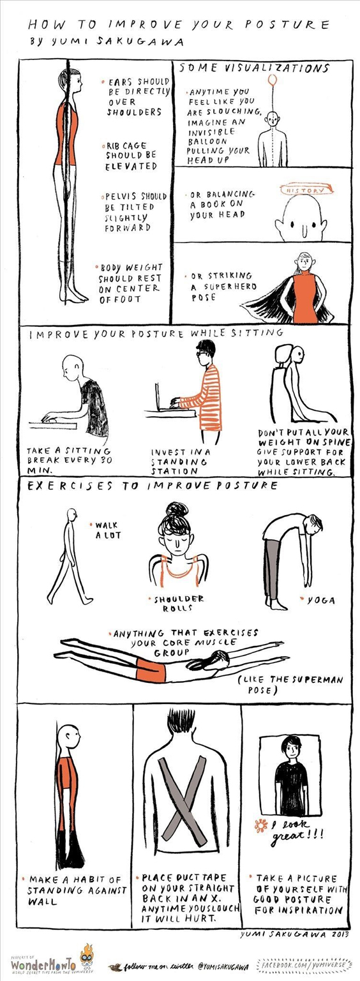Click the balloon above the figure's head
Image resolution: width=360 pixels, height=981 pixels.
273,80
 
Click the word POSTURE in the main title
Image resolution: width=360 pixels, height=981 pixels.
287,24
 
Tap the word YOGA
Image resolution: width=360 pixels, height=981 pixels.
321,601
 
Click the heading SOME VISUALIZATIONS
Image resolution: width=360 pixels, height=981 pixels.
254,68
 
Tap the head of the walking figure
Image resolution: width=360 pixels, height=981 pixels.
72,514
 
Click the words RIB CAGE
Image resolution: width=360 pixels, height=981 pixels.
126,146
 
